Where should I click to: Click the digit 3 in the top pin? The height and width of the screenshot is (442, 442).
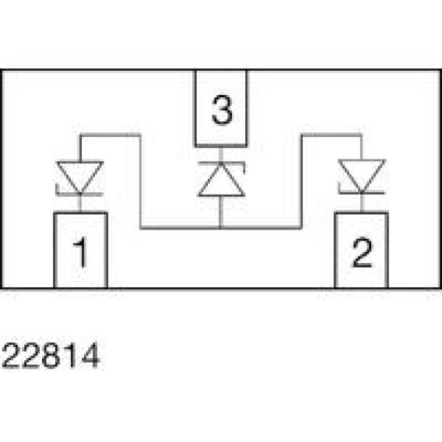(222, 110)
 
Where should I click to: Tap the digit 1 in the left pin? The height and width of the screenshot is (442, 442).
(80, 251)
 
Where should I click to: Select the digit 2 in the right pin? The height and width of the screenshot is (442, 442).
(362, 252)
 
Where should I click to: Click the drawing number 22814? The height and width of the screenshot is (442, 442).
(51, 355)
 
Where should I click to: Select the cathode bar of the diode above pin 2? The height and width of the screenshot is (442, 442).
(361, 191)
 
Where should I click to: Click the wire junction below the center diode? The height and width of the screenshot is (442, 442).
(221, 227)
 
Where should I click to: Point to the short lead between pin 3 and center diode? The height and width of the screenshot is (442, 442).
(221, 155)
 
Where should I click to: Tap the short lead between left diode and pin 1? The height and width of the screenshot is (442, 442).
(80, 204)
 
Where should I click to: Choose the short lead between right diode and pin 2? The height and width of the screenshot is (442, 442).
(362, 202)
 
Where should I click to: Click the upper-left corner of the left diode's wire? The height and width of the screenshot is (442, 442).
(81, 135)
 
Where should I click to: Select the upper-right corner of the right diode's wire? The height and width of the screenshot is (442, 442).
(361, 135)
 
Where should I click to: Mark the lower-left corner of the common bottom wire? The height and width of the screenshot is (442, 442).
(141, 227)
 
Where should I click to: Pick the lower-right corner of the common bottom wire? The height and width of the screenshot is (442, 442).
(301, 227)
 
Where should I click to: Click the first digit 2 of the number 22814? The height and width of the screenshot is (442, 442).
(11, 355)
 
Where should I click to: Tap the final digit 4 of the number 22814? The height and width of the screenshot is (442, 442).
(90, 355)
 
